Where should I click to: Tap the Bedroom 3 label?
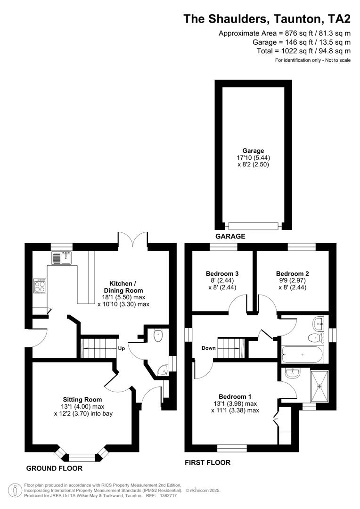coord(222,273)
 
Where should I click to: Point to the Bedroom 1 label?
coord(235,396)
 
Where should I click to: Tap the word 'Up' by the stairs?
coord(121,349)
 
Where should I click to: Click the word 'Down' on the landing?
coord(208,348)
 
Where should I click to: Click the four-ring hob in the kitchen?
coord(40,286)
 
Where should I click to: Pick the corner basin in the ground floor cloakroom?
coord(163,370)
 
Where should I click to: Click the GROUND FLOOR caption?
coord(54,468)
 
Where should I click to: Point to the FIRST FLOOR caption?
coord(208,463)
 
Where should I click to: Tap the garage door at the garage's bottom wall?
coord(253,226)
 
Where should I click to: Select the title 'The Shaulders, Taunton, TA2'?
coord(267,19)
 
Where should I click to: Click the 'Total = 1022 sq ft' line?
coord(303,51)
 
